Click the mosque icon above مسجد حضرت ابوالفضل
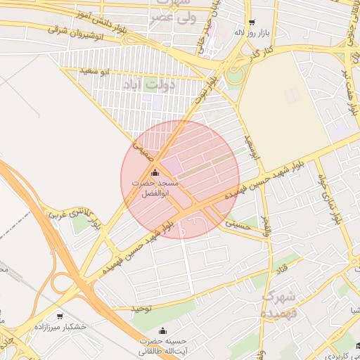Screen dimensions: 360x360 pyautogui.click(x=155, y=172)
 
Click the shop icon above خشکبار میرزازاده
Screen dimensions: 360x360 pyautogui.click(x=60, y=316)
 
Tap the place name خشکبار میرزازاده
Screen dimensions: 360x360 pyautogui.click(x=65, y=328)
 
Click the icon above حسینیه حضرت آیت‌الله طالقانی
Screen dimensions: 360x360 pyautogui.click(x=163, y=330)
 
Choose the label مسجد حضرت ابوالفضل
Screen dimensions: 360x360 pyautogui.click(x=155, y=188)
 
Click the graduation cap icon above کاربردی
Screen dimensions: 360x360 pyautogui.click(x=359, y=345)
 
